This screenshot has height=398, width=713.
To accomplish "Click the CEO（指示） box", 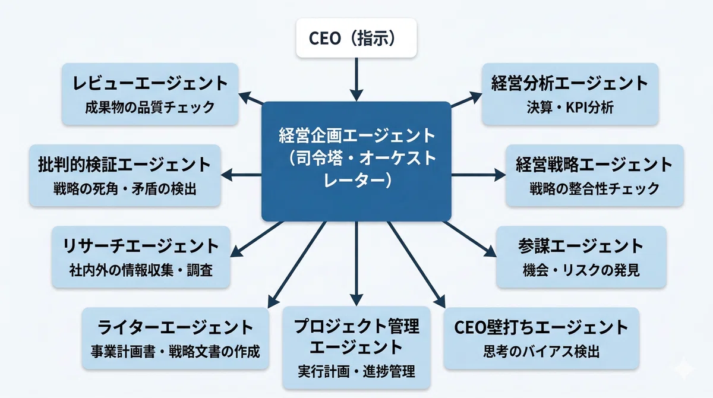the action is [356, 38].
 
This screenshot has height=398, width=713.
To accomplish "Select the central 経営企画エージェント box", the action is [356, 162].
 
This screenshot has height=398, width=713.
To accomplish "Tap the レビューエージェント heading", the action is [150, 83].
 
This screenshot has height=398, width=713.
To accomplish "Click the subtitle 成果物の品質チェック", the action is [150, 107].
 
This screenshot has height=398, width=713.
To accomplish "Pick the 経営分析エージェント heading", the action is [570, 83].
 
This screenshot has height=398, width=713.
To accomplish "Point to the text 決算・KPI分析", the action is [570, 107].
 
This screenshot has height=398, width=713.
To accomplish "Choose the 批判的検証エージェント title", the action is [124, 165].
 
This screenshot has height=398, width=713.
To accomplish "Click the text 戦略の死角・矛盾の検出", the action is [125, 189].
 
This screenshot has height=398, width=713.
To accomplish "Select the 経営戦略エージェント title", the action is [594, 165].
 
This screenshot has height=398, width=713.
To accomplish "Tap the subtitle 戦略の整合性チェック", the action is [595, 189].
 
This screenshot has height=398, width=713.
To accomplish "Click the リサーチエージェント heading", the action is [141, 247].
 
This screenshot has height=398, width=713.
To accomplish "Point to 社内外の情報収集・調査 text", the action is [141, 270].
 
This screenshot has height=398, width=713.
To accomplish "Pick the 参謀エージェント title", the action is [581, 247].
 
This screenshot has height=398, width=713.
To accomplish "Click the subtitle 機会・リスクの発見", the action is [581, 270].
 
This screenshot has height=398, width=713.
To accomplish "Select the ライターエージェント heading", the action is [175, 328].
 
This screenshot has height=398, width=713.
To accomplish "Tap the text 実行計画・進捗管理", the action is [356, 371].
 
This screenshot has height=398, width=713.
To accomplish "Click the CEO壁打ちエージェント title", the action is [541, 328].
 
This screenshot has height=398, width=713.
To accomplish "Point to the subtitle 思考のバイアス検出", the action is [541, 352].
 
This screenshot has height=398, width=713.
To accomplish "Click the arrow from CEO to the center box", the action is [356, 80].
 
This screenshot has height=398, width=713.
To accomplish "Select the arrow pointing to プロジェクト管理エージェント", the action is [356, 264].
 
